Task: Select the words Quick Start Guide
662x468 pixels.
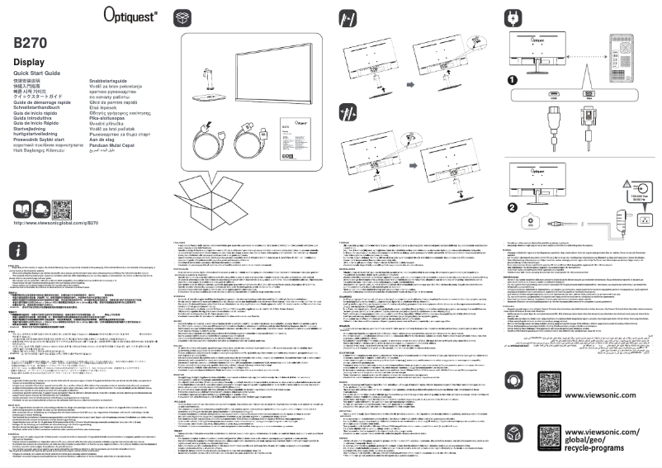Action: (37, 74)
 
